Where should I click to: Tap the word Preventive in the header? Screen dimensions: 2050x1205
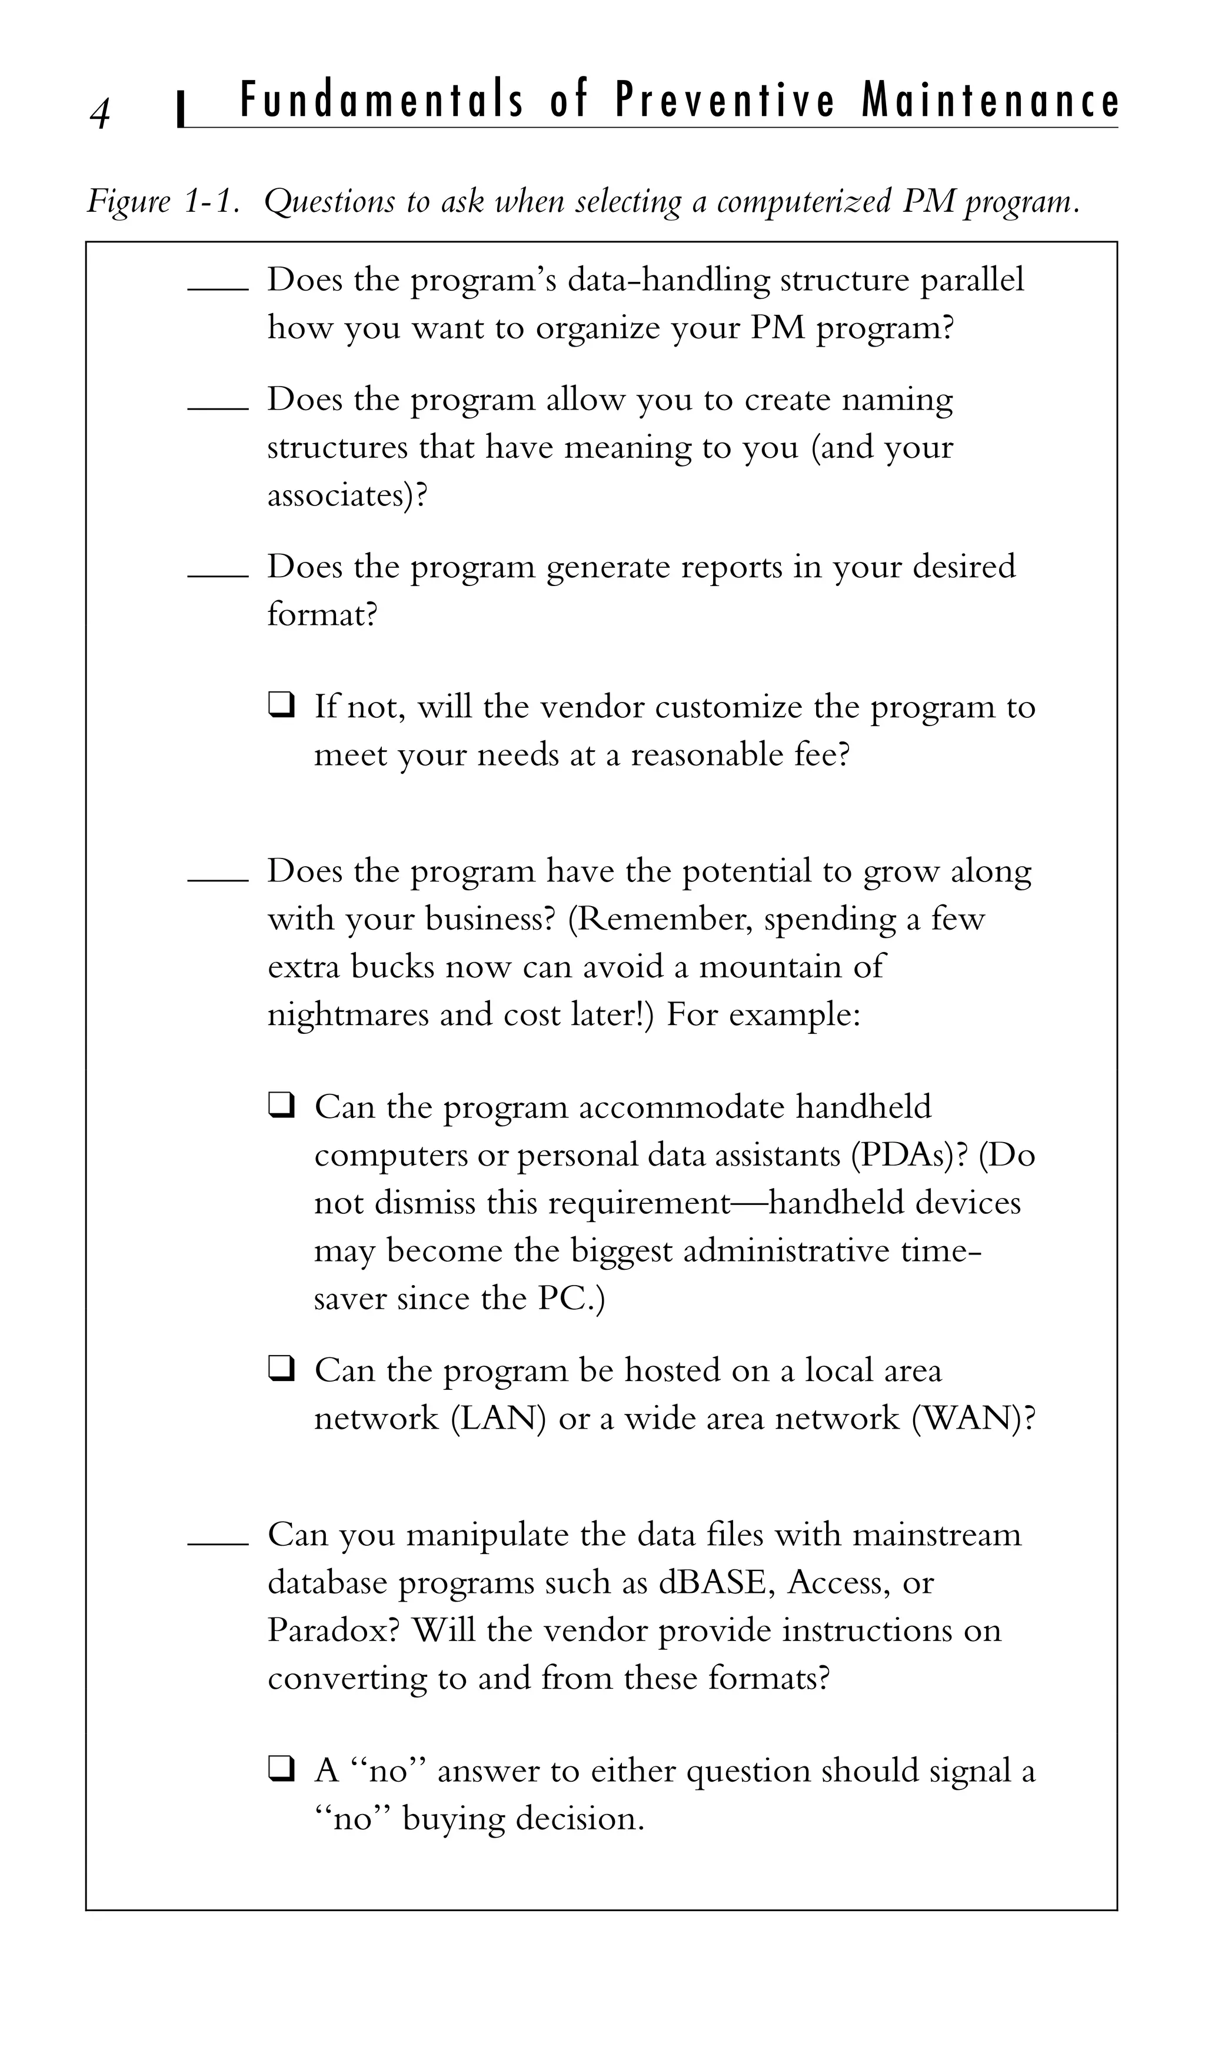click(725, 102)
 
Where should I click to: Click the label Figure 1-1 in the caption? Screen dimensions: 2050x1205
click(164, 201)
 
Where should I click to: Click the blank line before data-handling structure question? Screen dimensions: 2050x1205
click(217, 287)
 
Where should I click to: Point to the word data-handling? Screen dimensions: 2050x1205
click(669, 281)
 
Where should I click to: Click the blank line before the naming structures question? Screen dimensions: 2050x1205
click(217, 408)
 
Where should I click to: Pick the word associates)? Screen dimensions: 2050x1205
click(347, 495)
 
